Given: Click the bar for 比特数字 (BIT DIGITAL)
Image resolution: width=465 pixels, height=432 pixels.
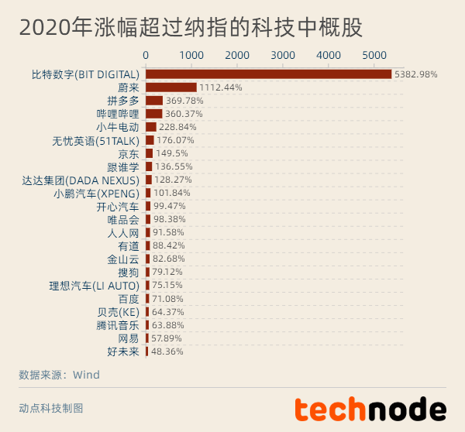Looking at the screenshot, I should tap(268, 74).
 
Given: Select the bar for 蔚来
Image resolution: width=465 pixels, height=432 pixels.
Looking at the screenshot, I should tap(171, 87).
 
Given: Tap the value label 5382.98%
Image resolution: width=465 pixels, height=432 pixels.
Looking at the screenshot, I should tap(416, 74).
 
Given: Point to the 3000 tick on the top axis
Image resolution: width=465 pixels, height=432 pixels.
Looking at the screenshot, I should tap(283, 55).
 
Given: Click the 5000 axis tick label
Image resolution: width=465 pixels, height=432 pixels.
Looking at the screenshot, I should tap(374, 55).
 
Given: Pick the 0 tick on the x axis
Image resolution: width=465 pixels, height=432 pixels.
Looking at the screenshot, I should tap(146, 55).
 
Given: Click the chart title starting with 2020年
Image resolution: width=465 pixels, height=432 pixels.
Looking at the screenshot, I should tap(191, 28).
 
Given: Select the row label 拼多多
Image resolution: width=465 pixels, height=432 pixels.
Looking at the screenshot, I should tap(123, 101).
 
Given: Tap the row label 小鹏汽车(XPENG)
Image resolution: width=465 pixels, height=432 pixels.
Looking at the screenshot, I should tap(96, 193).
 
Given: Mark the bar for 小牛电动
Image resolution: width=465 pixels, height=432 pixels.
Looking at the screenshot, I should tap(151, 127).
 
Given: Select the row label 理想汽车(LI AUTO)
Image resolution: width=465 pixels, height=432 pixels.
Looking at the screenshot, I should tap(94, 285).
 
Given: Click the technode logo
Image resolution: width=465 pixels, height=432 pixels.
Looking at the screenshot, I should tap(370, 409).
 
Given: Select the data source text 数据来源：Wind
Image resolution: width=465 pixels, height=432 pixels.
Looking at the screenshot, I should tap(59, 375).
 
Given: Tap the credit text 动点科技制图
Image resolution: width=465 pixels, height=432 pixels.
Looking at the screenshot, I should tap(50, 407).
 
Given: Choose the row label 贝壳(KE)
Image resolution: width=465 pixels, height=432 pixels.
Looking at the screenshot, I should tap(119, 311).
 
